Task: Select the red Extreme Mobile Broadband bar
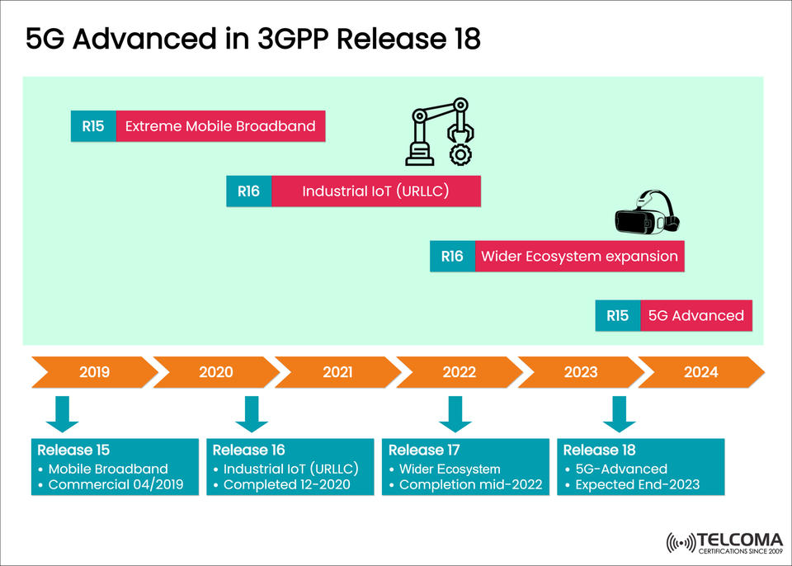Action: click(x=220, y=126)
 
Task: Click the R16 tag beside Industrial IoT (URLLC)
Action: click(x=248, y=191)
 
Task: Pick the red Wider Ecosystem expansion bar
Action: click(x=579, y=257)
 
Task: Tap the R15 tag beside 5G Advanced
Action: click(x=617, y=315)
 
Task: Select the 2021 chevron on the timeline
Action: click(x=337, y=372)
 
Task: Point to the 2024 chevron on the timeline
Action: click(x=700, y=372)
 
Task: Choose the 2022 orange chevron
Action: click(x=459, y=372)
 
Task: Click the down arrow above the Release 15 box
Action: click(x=63, y=414)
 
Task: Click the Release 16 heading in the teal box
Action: click(x=248, y=450)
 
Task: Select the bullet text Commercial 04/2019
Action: click(x=115, y=484)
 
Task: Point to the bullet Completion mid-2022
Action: click(x=470, y=484)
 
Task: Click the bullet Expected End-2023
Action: click(x=637, y=484)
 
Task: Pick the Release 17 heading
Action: click(x=424, y=450)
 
